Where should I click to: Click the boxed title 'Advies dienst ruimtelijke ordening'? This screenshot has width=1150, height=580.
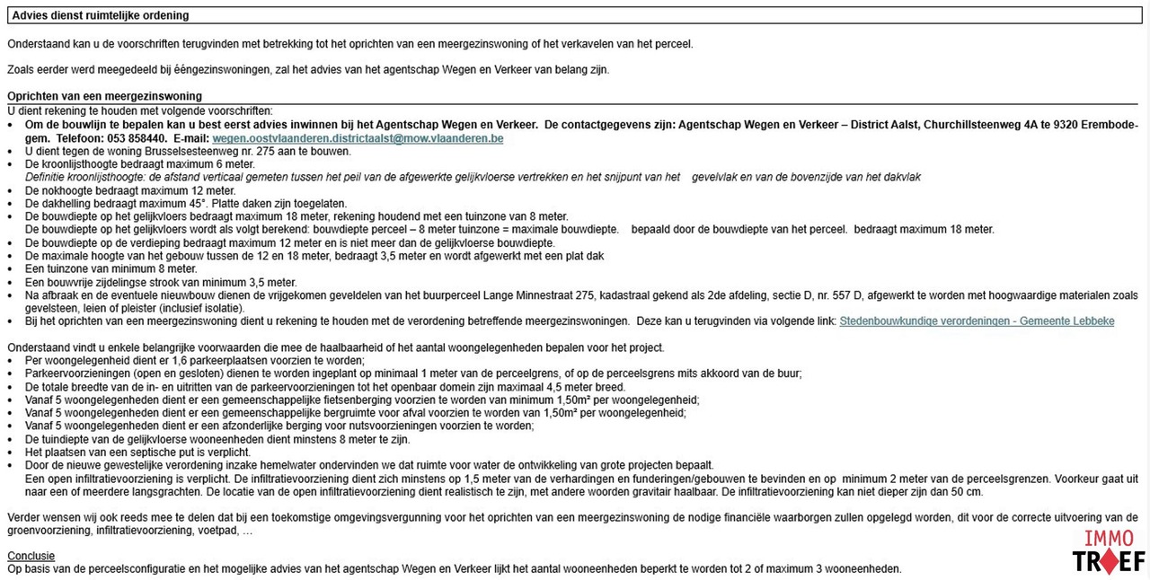(x=100, y=15)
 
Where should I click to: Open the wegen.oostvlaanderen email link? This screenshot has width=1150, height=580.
(x=358, y=138)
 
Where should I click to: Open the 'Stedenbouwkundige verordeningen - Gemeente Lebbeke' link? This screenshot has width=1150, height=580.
(x=977, y=321)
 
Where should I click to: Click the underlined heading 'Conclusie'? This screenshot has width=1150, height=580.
(x=31, y=556)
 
